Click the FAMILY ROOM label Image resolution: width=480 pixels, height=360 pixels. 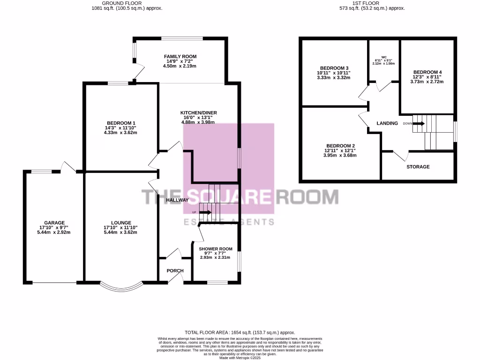pyautogui.click(x=180, y=57)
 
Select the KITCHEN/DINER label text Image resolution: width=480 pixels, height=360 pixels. pyautogui.click(x=198, y=113)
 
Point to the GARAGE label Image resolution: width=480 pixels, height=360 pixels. pyautogui.click(x=54, y=223)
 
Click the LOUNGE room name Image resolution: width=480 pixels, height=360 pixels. pyautogui.click(x=121, y=223)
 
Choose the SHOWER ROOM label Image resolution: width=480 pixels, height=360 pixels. pyautogui.click(x=216, y=249)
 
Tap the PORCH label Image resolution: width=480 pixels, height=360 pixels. pyautogui.click(x=175, y=271)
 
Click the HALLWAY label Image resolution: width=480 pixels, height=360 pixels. pyautogui.click(x=177, y=200)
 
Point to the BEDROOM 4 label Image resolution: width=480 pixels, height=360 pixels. pyautogui.click(x=427, y=72)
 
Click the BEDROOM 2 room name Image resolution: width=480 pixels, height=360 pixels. pyautogui.click(x=340, y=146)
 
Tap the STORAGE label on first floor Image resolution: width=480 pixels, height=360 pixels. pyautogui.click(x=418, y=167)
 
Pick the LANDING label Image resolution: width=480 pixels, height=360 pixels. pyautogui.click(x=387, y=123)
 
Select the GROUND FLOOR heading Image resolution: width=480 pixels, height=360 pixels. pyautogui.click(x=127, y=3)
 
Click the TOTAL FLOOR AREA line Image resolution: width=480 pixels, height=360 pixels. pyautogui.click(x=240, y=332)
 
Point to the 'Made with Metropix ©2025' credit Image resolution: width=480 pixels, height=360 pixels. pyautogui.click(x=240, y=358)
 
